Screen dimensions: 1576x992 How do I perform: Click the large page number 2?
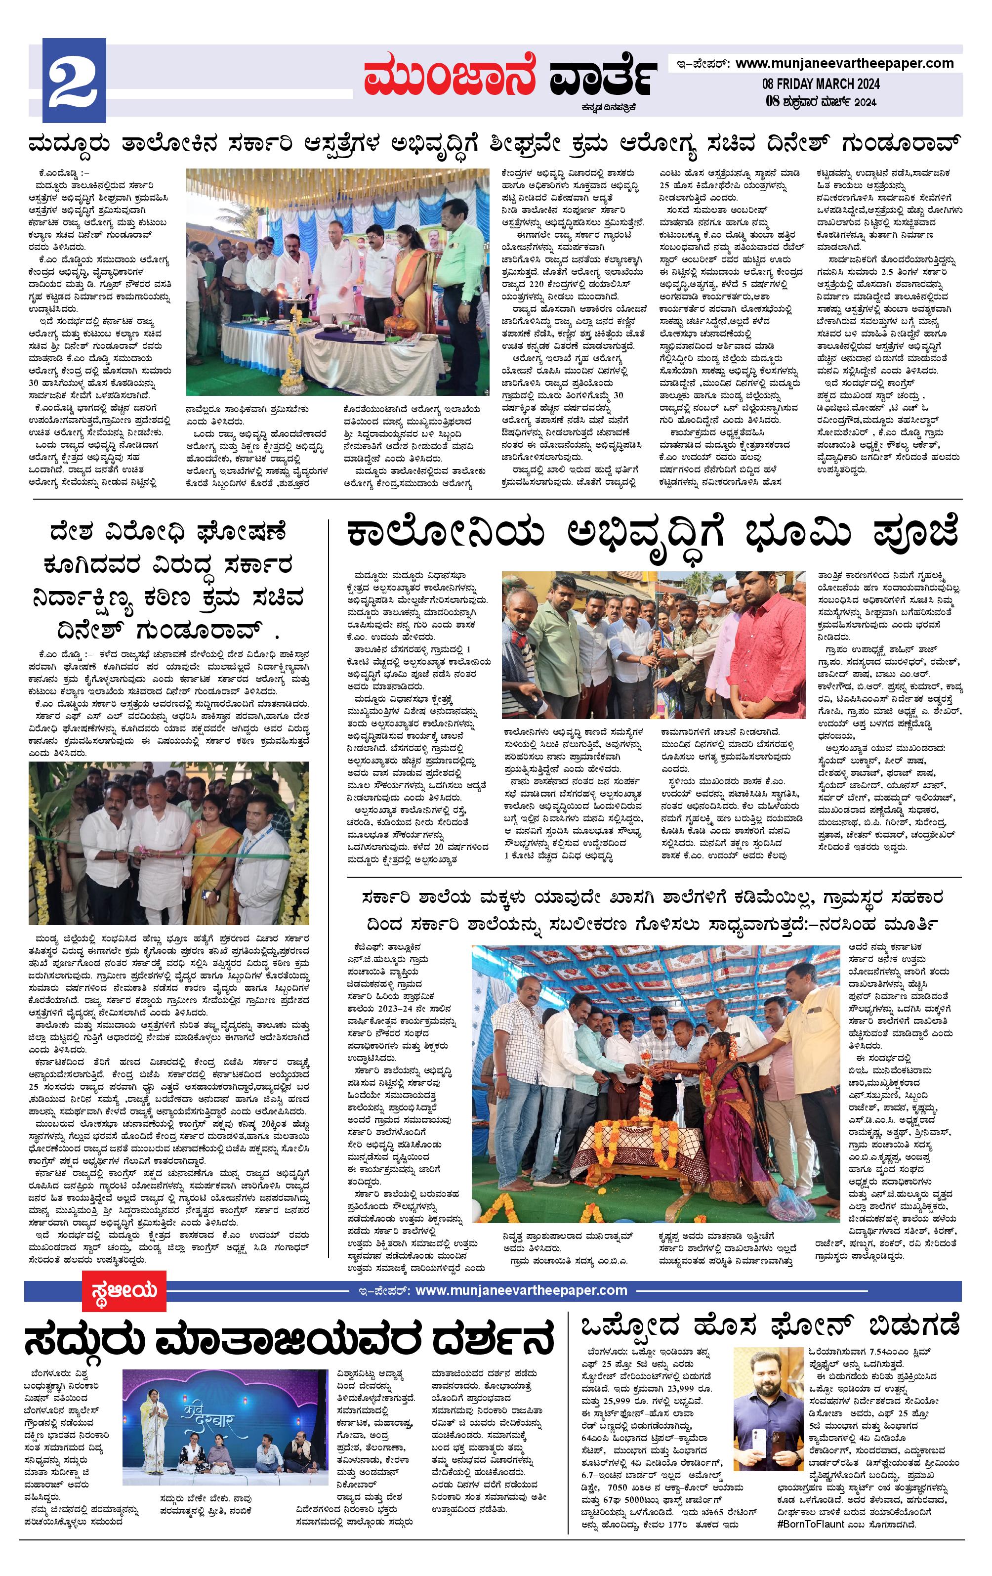tap(74, 81)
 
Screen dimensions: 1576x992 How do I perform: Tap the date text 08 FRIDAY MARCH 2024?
tap(820, 84)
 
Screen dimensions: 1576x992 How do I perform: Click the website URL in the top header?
tap(844, 63)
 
